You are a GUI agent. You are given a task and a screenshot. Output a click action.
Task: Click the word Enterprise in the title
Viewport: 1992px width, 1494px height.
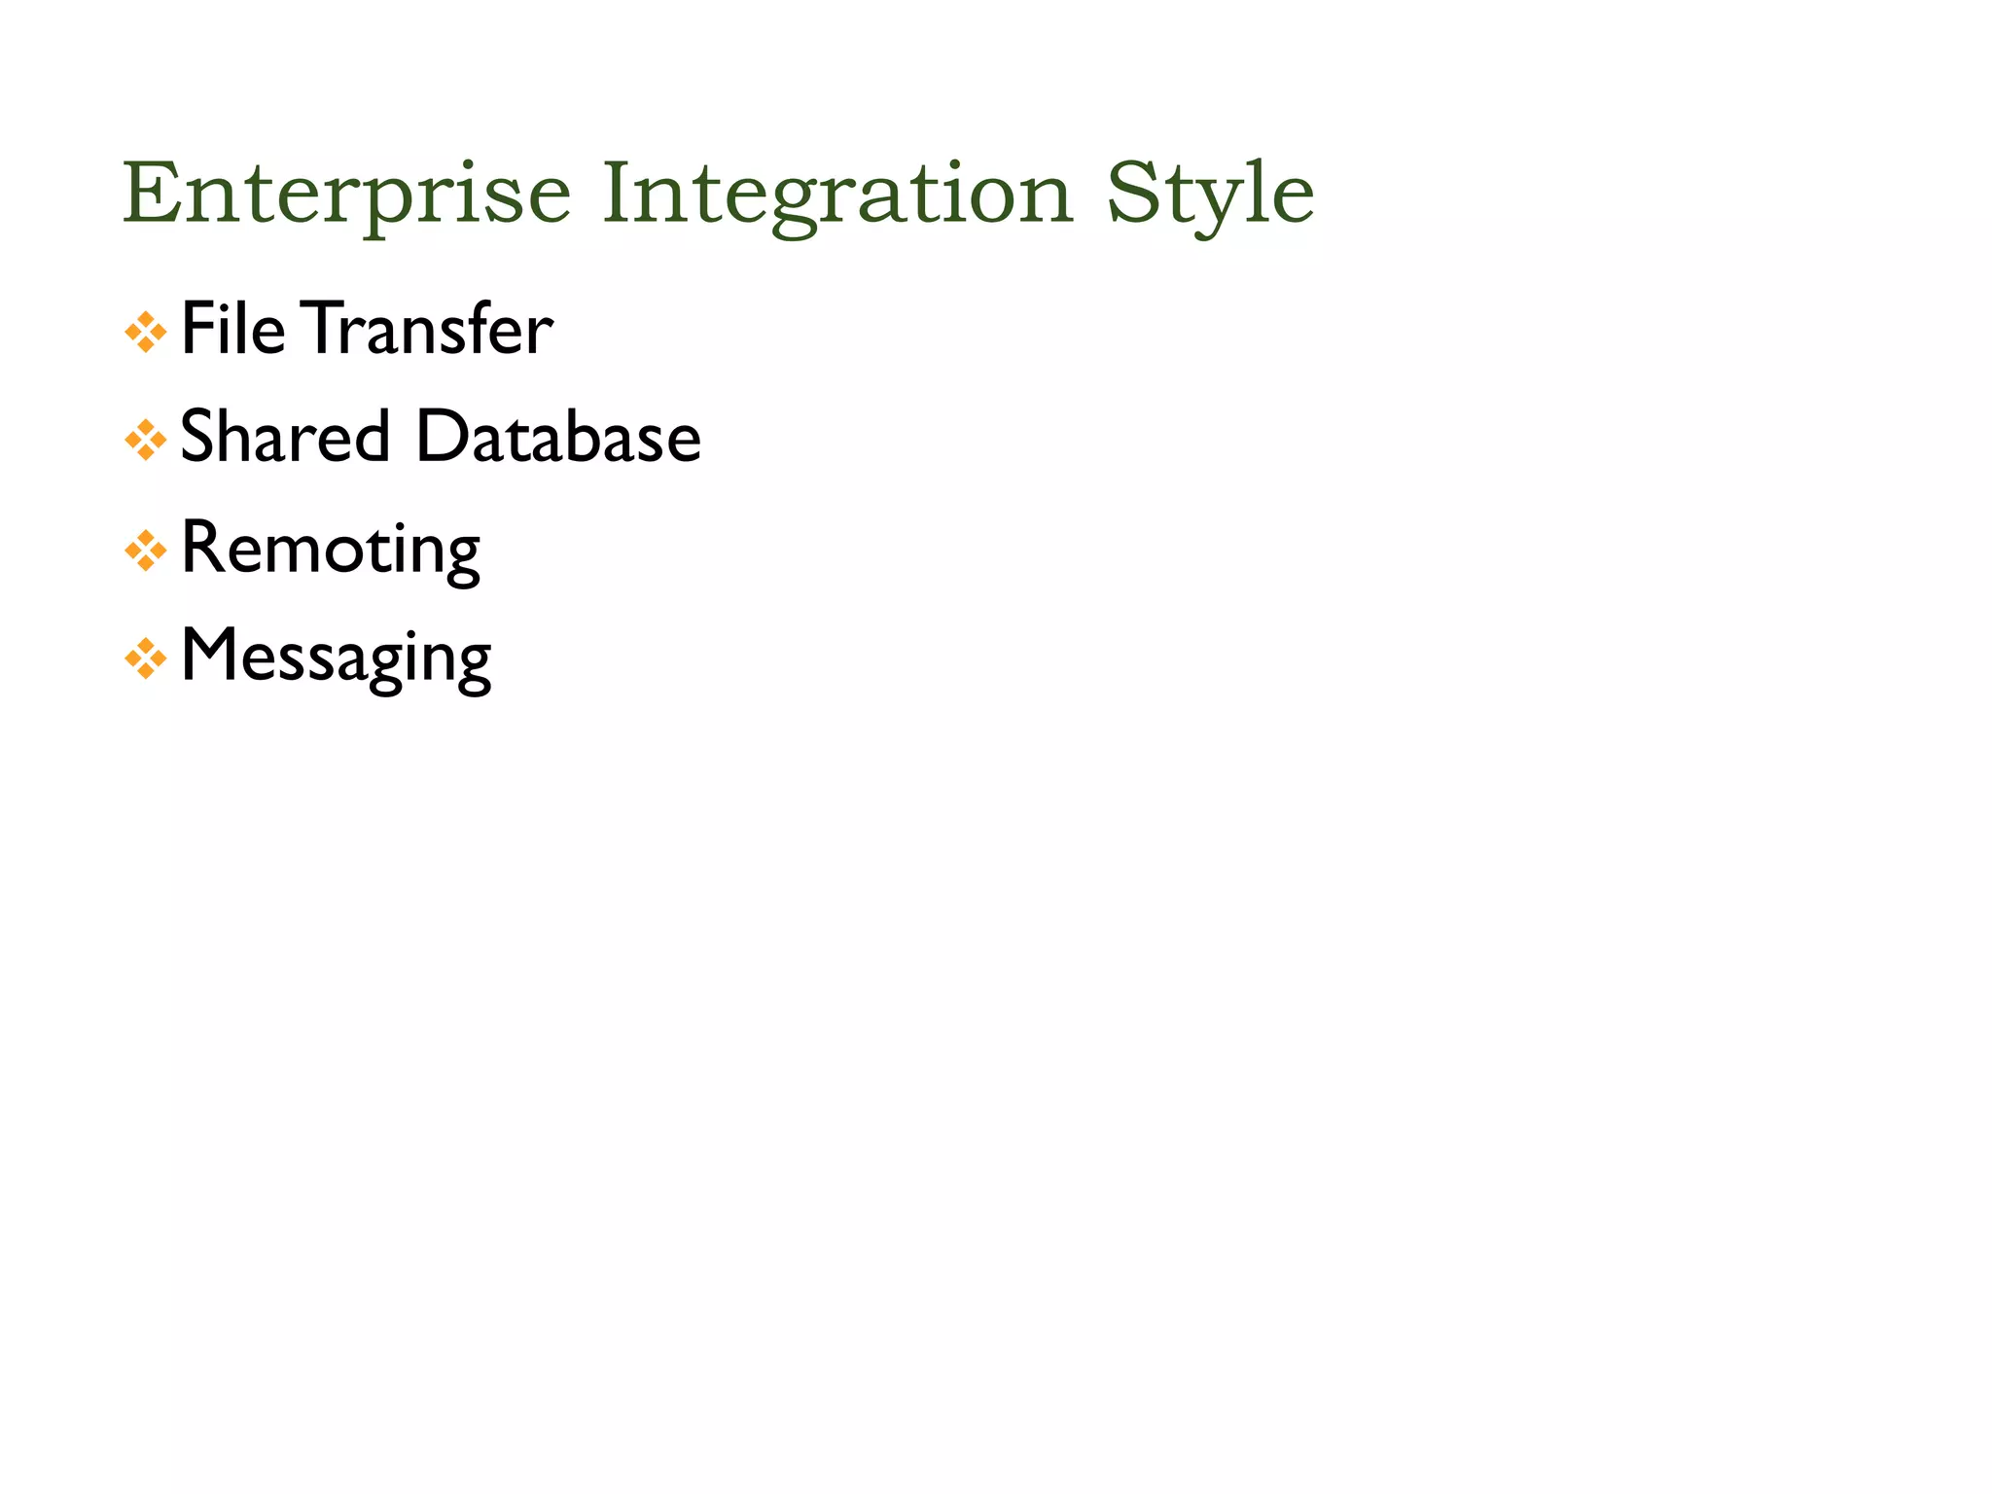[x=345, y=195]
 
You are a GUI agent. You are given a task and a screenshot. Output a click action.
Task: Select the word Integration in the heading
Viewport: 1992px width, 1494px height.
[x=837, y=195]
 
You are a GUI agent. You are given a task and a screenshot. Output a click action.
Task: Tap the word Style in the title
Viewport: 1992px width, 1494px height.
[x=1210, y=195]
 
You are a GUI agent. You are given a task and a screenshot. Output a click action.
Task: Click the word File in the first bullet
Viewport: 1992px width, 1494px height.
[x=233, y=329]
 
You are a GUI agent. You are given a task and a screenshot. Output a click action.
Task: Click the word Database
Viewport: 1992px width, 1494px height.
[x=558, y=436]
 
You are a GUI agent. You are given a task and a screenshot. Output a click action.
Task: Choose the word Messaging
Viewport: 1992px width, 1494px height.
[x=337, y=658]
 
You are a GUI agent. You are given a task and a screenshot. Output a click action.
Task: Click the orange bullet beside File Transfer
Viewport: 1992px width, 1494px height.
[x=146, y=333]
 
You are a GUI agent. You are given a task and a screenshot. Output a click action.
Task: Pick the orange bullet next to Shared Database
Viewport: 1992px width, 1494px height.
[x=146, y=441]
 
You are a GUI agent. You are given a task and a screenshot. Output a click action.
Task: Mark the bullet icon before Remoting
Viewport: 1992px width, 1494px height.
[x=146, y=551]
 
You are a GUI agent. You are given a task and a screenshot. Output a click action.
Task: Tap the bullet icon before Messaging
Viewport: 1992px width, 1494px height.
[x=146, y=660]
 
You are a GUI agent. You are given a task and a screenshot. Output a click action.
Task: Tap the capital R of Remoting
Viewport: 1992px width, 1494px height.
[x=200, y=547]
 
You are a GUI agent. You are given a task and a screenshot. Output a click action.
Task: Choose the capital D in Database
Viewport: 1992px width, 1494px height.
[x=442, y=436]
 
